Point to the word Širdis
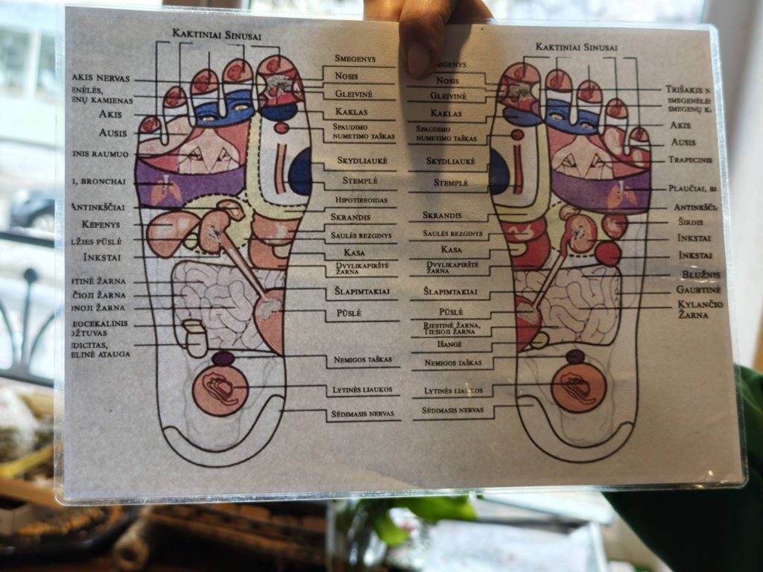688,222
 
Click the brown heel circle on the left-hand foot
220,390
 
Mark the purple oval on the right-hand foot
574,357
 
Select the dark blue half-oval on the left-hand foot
300,171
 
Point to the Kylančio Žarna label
700,310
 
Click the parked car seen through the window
34,212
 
